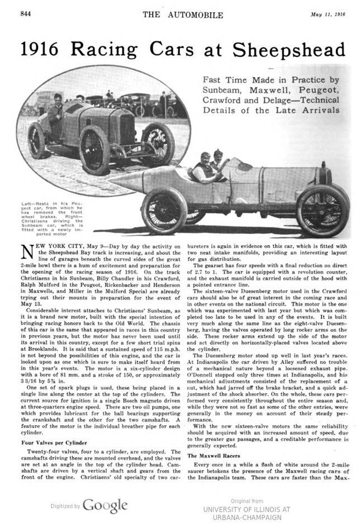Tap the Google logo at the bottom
106,506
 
